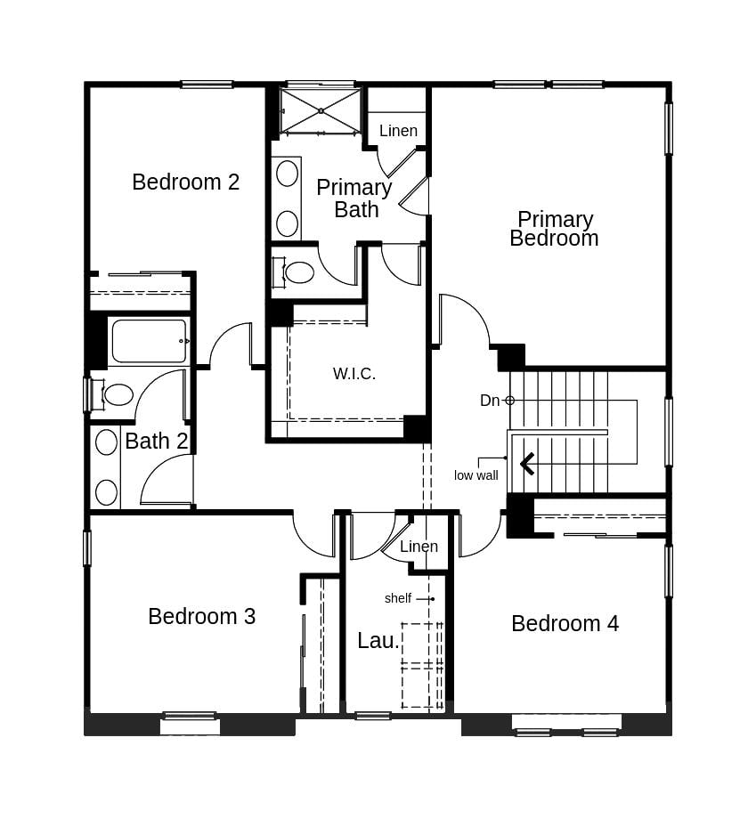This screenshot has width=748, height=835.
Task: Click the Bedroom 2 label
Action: (185, 182)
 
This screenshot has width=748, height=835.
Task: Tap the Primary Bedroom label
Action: (554, 229)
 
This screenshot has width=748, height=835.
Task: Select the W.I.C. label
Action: (354, 374)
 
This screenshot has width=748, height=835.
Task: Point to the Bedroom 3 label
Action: (201, 616)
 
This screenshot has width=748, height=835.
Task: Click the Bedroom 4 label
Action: (565, 623)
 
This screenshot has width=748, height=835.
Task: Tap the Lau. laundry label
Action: (378, 641)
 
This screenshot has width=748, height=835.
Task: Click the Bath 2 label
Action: (156, 441)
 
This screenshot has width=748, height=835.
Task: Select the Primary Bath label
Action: (354, 199)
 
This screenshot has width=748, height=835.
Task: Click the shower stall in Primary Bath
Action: (321, 110)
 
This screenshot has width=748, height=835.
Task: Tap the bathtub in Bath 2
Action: (149, 341)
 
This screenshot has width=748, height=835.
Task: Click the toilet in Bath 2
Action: (116, 394)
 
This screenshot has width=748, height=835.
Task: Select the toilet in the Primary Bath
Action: (297, 272)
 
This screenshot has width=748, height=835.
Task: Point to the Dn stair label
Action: (490, 401)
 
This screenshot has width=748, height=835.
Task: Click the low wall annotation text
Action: (476, 475)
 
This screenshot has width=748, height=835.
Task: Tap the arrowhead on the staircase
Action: (527, 463)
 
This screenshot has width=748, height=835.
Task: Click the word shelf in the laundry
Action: (398, 598)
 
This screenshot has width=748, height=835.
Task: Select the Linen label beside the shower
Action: (398, 131)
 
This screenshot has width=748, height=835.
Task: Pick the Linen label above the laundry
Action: (419, 547)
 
